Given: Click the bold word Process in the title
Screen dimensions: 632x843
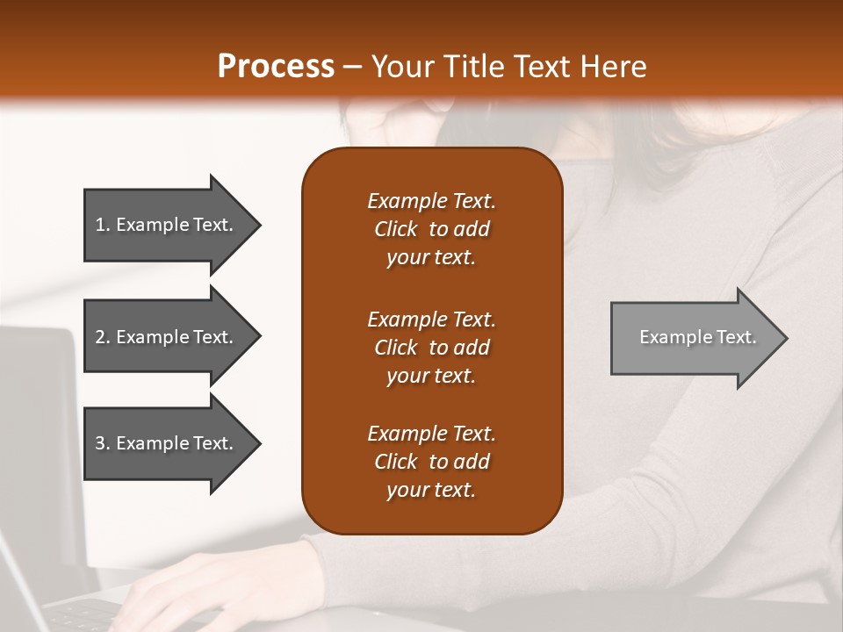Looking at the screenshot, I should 276,67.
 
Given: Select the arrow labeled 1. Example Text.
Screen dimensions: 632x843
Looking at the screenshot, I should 167,225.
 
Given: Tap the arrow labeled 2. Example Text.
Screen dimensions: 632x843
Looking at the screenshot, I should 167,337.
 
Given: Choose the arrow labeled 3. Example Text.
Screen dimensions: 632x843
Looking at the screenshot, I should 167,443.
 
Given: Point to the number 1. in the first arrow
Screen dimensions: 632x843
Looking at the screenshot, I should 103,225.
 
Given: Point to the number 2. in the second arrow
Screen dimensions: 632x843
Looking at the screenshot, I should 103,337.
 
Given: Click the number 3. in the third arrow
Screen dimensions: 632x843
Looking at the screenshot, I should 103,443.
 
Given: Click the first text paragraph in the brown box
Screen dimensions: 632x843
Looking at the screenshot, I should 431,229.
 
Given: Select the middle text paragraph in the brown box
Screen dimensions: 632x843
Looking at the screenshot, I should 431,348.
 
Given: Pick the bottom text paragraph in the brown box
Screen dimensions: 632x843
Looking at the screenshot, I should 431,462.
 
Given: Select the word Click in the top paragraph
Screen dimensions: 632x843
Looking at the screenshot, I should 395,229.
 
